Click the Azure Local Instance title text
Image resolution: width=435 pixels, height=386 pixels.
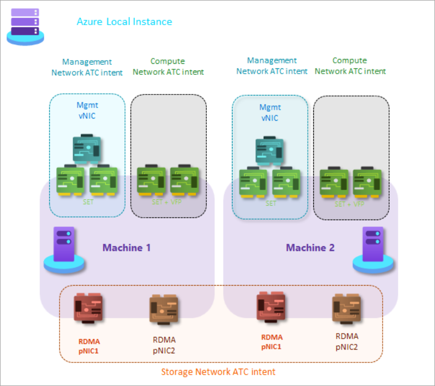(124, 22)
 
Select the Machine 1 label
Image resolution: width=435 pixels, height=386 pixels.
(127, 247)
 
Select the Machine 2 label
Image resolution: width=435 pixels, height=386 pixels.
(310, 247)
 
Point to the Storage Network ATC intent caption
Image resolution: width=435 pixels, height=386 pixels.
(218, 372)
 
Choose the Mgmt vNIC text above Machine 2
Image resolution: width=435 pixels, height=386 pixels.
(270, 112)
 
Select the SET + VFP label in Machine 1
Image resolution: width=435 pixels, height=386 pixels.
(168, 201)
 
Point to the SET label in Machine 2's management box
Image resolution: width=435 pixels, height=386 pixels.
(271, 204)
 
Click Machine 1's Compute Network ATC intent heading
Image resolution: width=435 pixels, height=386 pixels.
(168, 67)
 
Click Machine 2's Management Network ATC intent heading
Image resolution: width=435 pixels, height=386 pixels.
(272, 66)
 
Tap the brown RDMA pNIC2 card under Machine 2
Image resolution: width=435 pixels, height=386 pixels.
(346, 310)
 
